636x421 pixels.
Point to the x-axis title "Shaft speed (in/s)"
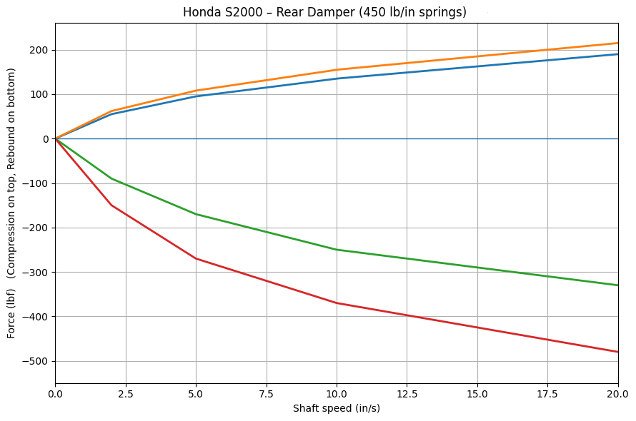(336, 409)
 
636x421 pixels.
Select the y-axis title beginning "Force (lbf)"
(11, 203)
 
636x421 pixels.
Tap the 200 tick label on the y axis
(39, 50)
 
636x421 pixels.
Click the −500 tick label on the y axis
(36, 361)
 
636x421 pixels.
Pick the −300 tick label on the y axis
(36, 272)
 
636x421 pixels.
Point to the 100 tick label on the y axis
(39, 94)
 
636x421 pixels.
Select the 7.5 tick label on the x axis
(266, 394)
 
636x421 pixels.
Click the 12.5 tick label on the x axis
(407, 394)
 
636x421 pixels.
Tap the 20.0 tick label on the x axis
(617, 394)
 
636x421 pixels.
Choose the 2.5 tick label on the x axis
(125, 394)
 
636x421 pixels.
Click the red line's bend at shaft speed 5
(196, 258)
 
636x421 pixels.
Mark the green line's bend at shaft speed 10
(337, 250)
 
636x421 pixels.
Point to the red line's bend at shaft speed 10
(337, 303)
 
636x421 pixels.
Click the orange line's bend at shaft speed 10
(337, 70)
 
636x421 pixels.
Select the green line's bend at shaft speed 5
(196, 214)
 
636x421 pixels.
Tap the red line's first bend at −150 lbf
(111, 206)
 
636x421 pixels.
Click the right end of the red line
(618, 352)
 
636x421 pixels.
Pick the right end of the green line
(618, 285)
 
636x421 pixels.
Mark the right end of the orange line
(618, 43)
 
